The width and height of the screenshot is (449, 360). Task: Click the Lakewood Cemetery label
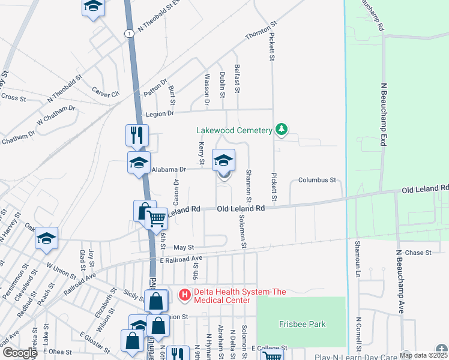click(x=234, y=130)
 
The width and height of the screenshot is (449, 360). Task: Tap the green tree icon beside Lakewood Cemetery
click(x=280, y=130)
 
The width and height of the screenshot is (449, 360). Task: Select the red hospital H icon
click(x=185, y=295)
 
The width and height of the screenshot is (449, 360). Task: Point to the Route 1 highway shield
click(x=129, y=34)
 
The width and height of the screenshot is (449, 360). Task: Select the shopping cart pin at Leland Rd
click(x=157, y=220)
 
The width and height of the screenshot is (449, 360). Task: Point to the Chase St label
click(x=418, y=253)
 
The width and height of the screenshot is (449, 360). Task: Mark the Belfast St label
click(x=238, y=80)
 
